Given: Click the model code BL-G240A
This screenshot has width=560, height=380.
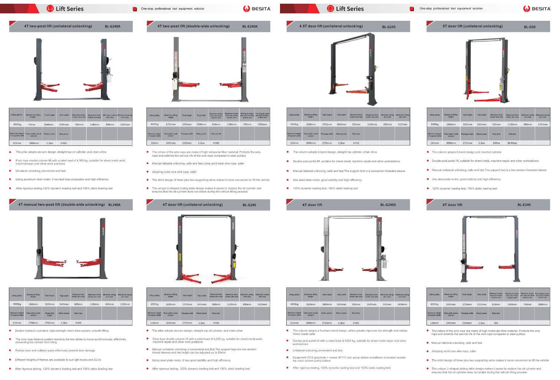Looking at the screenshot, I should pos(112,26).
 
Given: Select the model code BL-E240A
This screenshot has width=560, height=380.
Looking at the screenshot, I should pos(250,26).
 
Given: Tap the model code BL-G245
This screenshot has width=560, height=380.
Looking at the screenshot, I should pos(389,27).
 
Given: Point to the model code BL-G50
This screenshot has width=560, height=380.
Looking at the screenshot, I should pos(530,27).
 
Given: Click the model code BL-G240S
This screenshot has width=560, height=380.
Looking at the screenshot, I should pos(388,205).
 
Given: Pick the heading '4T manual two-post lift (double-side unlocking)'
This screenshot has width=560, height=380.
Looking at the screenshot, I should pos(62,204).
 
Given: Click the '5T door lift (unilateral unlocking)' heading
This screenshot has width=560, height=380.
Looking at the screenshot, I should pos(472,26).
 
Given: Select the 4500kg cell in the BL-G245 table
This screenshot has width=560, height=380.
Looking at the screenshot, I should pos(294,124).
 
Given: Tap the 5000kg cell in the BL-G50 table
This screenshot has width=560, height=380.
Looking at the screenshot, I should pos(434,124).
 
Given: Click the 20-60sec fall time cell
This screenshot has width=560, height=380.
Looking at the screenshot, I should pos(512,143).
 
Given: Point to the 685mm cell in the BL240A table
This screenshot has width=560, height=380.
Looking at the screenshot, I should pos(78,304).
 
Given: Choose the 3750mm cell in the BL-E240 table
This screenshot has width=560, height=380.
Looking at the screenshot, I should pos(467,304).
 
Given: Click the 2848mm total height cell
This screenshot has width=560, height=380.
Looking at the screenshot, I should pos(49,125).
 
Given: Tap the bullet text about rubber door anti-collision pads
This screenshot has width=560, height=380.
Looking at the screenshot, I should pos(55,350).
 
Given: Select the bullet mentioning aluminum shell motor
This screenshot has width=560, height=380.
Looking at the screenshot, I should pos(62,179).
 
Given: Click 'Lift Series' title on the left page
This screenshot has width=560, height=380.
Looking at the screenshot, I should pos(69,9).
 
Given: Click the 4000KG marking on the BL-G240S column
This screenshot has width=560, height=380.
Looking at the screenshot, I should pos(326,225).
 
